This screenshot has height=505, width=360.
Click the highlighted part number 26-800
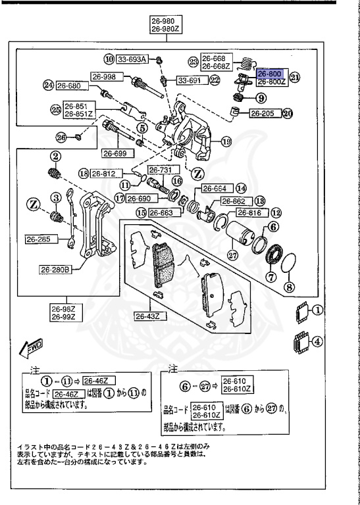[269, 74]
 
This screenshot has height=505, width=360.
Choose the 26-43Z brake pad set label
[151, 316]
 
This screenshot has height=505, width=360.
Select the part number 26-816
[250, 213]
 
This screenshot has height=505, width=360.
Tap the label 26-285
[38, 239]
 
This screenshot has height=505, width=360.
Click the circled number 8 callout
[289, 287]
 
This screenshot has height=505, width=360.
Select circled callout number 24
[47, 85]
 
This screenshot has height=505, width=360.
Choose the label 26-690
[140, 198]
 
